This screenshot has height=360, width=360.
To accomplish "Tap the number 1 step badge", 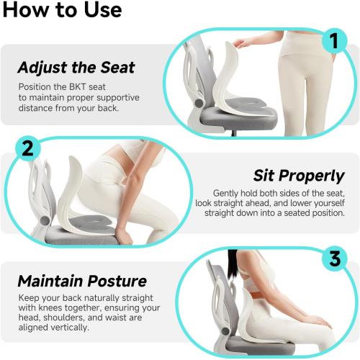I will click(x=333, y=40).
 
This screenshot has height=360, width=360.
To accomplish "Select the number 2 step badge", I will click(x=27, y=148).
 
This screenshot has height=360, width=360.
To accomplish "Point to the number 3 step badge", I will click(x=334, y=258).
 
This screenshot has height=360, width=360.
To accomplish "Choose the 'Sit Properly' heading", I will click(x=299, y=176).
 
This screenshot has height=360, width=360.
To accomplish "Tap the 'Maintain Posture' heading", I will click(x=82, y=281).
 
